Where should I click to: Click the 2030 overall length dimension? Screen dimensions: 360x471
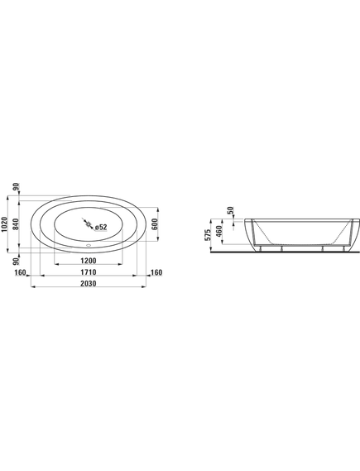click(x=89, y=283)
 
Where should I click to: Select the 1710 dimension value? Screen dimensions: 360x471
click(x=89, y=272)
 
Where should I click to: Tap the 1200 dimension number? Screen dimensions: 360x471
click(x=89, y=261)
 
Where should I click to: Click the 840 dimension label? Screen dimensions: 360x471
click(x=16, y=224)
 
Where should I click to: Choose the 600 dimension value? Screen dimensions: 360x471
click(x=155, y=224)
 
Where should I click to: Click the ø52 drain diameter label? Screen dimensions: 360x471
click(x=101, y=228)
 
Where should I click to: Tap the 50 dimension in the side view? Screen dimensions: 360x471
click(x=231, y=210)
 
